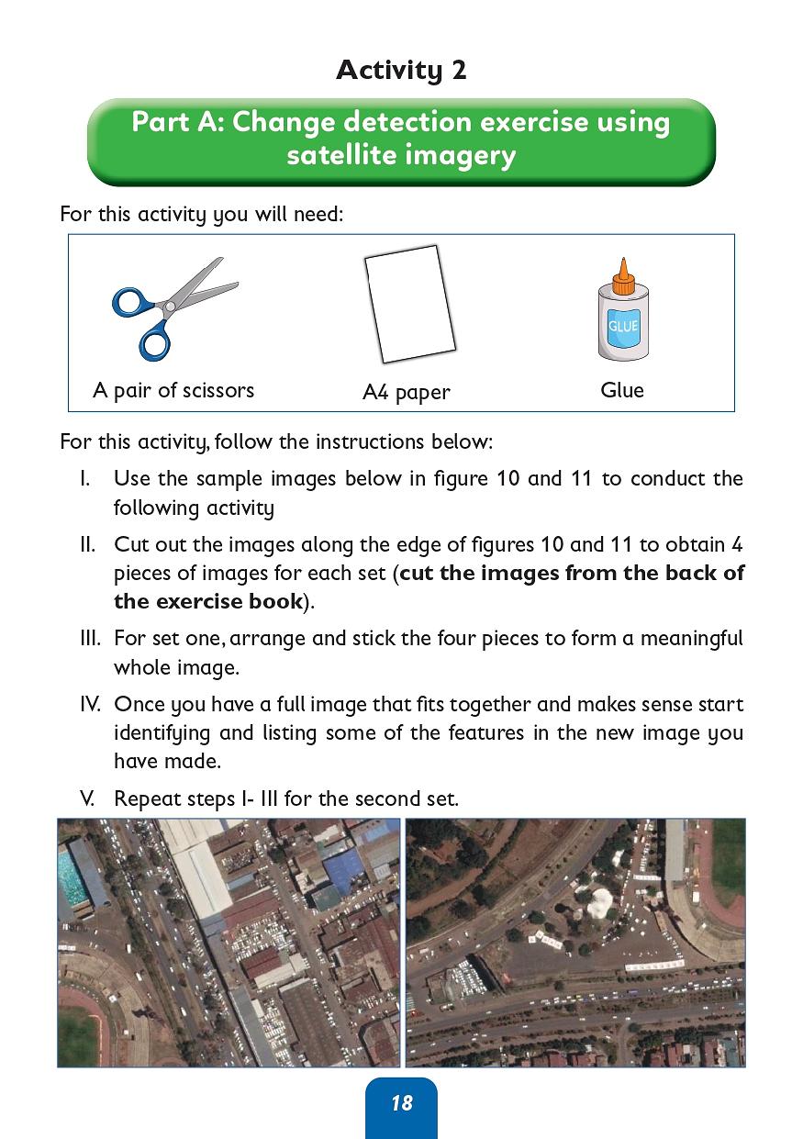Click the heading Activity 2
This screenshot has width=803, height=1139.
[x=401, y=70]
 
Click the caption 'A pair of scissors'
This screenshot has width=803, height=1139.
[x=173, y=390]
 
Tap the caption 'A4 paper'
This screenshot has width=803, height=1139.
[x=407, y=393]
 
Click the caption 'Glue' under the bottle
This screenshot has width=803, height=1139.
[x=622, y=390]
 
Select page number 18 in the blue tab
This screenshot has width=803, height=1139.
[x=401, y=1103]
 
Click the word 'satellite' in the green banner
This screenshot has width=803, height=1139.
[x=340, y=155]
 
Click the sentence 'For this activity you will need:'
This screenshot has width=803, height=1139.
[x=201, y=215]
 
